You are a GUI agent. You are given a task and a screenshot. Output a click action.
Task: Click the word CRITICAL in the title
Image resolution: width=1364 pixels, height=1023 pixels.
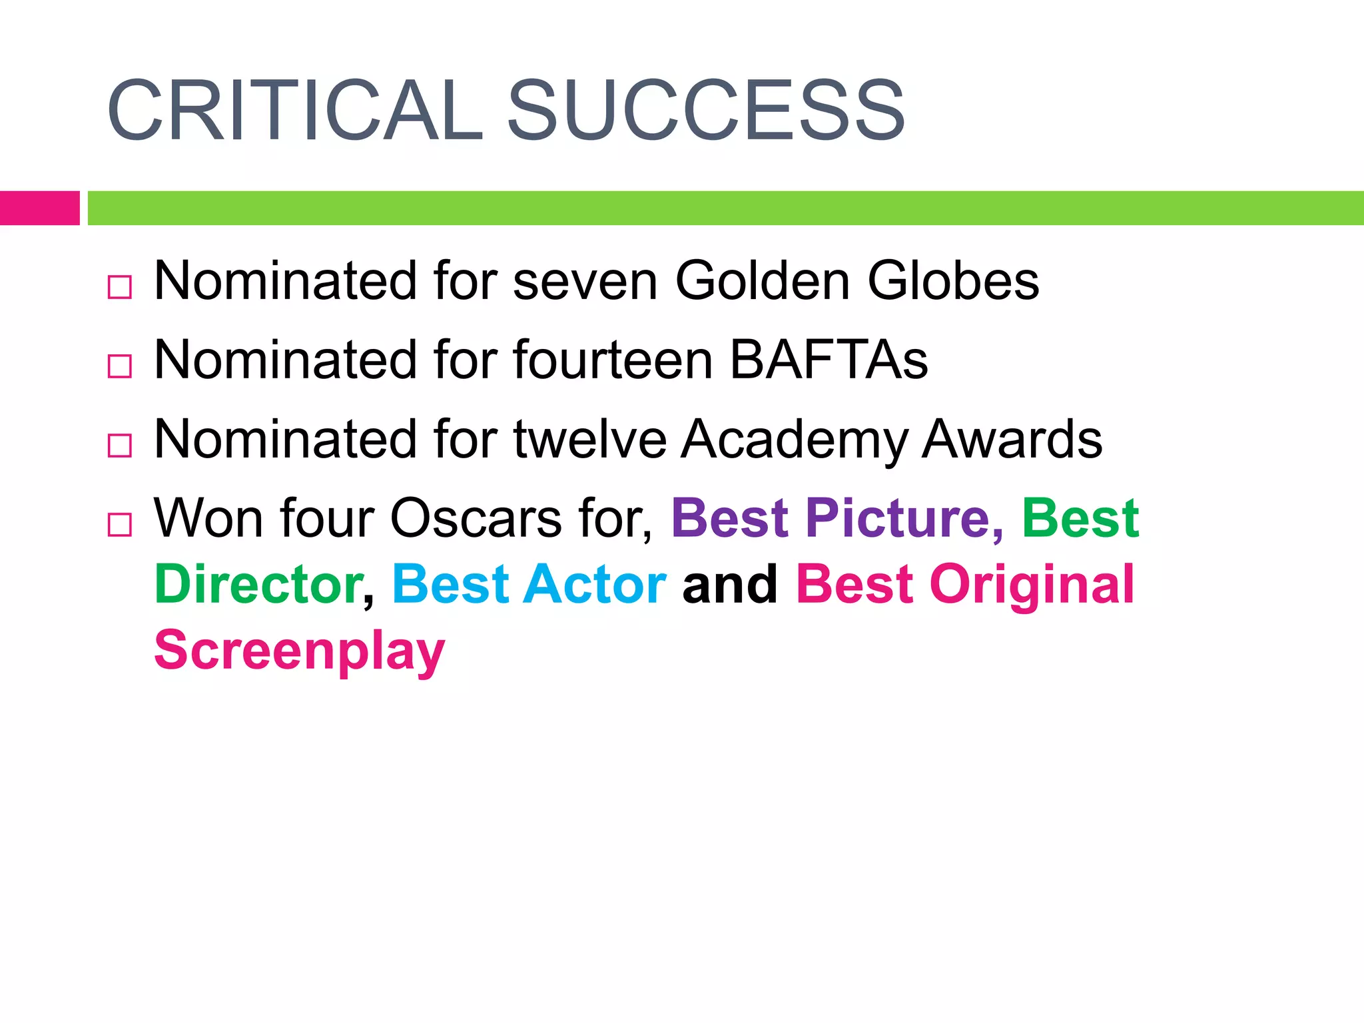coord(295,111)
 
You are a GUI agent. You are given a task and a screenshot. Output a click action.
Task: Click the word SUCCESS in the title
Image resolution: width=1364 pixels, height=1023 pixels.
coord(705,111)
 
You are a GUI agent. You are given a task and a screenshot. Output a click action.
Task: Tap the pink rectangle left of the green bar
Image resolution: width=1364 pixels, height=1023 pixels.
coord(39,208)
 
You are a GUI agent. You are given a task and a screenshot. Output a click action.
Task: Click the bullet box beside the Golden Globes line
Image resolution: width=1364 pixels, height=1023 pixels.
coord(120,288)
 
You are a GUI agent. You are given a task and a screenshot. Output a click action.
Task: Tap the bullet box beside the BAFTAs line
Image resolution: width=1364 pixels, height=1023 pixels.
coord(120,366)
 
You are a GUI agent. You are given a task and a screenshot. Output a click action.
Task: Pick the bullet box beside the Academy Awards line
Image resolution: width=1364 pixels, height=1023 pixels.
coord(120,446)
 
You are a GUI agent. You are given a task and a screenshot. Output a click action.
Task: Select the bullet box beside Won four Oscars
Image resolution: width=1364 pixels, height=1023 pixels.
coord(120,525)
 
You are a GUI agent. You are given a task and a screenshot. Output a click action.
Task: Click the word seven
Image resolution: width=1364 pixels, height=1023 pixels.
coord(585,282)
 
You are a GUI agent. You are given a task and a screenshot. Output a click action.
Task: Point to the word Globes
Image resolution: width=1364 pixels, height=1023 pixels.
coord(952,280)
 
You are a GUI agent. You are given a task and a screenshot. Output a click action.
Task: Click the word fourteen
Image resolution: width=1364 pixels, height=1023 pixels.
coord(613,360)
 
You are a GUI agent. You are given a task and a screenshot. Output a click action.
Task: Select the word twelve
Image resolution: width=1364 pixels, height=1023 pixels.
coord(589,439)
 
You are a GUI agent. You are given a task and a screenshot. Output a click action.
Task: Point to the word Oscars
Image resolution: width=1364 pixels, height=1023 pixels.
coord(476,518)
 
